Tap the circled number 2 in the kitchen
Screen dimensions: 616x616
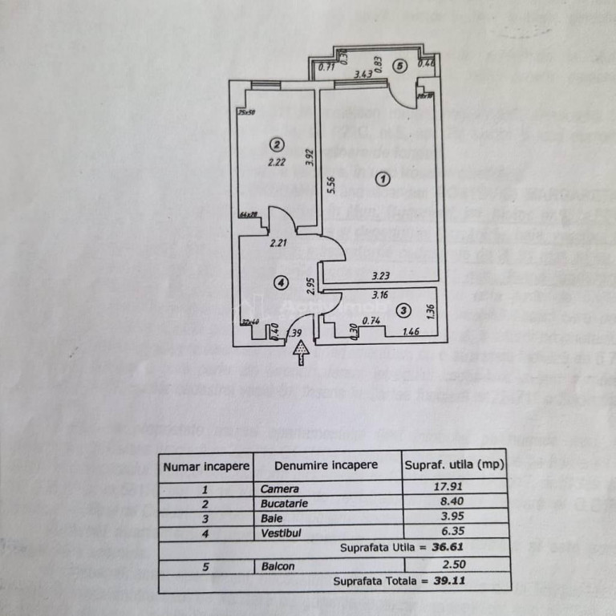276,145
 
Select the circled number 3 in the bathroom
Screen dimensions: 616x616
403,310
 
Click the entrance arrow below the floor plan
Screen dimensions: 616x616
301,351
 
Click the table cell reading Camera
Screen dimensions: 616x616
280,488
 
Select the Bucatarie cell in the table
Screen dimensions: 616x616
284,504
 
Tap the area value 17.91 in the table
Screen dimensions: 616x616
453,488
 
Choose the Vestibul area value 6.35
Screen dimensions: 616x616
453,529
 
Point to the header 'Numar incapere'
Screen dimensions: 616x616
207,465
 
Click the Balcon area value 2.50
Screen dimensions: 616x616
453,565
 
